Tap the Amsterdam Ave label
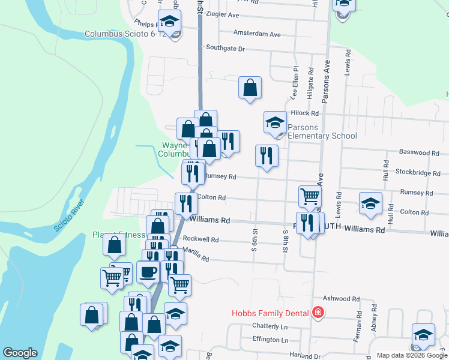[257, 34]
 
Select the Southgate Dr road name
[226, 48]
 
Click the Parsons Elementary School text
[322, 131]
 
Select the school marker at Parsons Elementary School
[275, 122]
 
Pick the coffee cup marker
[148, 272]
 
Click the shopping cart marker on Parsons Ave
[310, 196]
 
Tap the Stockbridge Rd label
[419, 173]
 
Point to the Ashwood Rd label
[340, 298]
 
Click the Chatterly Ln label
[270, 326]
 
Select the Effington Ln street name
[270, 340]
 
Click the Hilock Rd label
[304, 113]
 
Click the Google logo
[20, 353]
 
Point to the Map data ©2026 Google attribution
[411, 355]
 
